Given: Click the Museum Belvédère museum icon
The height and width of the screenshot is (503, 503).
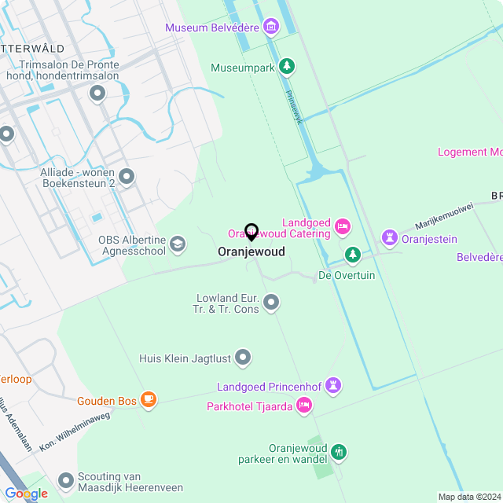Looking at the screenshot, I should tap(271, 27).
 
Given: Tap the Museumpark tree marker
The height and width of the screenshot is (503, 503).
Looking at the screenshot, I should tap(288, 67).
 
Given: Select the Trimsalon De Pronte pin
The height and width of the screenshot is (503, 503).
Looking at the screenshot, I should tap(98, 94).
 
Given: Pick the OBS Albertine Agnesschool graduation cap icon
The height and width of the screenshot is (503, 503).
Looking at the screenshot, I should tap(178, 244).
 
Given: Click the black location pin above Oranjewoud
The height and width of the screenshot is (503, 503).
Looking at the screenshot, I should tap(251, 232).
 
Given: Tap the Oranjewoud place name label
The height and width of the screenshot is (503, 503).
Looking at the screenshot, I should tap(251, 252).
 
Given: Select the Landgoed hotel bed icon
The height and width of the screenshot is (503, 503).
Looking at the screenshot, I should tap(342, 226).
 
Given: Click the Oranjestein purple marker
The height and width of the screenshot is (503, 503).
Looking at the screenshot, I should tap(389, 237).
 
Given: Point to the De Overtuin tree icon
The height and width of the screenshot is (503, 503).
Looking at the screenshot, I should tap(354, 255).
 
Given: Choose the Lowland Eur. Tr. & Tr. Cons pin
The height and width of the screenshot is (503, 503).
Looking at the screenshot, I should tap(272, 302).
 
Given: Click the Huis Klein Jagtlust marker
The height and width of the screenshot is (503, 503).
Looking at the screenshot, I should tap(244, 358).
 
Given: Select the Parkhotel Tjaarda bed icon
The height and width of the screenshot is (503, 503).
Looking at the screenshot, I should tap(305, 406).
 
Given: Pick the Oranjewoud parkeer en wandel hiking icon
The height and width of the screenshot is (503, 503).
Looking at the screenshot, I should tap(339, 452).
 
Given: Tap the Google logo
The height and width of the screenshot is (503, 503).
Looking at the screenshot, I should tap(26, 494).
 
